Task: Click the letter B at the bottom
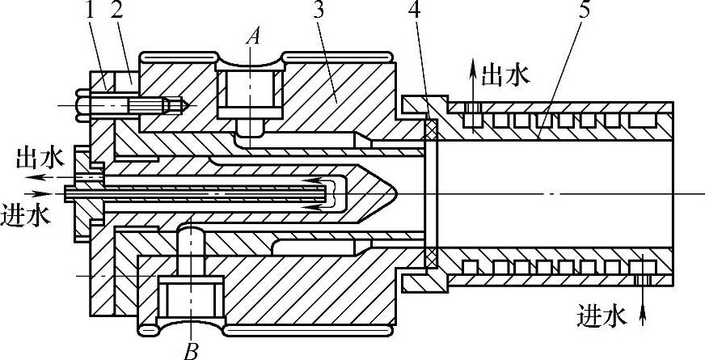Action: point(192,349)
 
